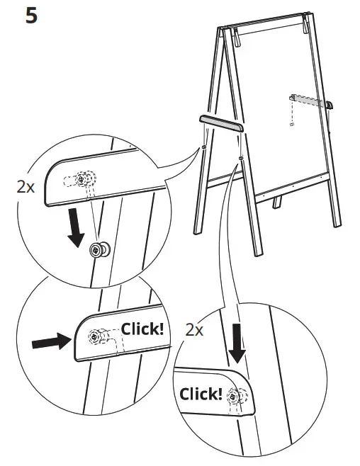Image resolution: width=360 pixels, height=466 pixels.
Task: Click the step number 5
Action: (32, 15)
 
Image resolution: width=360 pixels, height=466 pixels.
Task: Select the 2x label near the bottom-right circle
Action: (194, 329)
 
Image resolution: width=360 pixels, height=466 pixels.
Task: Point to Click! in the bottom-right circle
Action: (201, 394)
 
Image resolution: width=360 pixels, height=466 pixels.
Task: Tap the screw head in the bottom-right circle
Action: (233, 398)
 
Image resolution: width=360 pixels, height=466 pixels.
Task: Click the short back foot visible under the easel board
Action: (277, 203)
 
